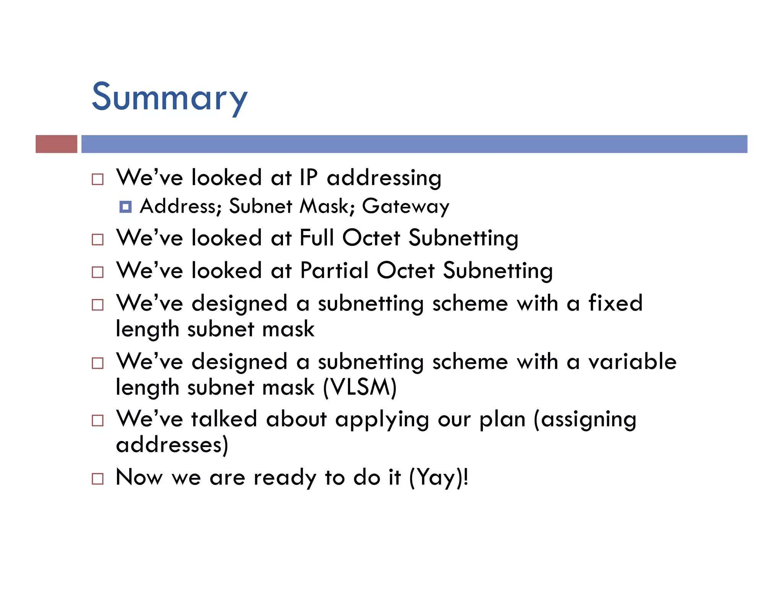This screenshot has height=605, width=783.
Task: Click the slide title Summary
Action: pyautogui.click(x=169, y=98)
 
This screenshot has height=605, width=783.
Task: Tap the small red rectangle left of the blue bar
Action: pyautogui.click(x=56, y=144)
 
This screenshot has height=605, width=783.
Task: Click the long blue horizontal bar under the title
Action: pyautogui.click(x=414, y=144)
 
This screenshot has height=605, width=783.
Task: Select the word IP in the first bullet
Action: pyautogui.click(x=308, y=177)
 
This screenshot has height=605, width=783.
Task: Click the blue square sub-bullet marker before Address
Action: pyautogui.click(x=125, y=207)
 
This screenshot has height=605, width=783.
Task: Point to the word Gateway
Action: pyautogui.click(x=405, y=207)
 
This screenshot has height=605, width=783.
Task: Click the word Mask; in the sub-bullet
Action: pyautogui.click(x=327, y=207)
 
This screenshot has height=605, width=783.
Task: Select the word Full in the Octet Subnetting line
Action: pyautogui.click(x=316, y=238)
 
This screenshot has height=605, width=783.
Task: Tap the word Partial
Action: pyautogui.click(x=334, y=270)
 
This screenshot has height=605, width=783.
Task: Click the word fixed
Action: pyautogui.click(x=615, y=303)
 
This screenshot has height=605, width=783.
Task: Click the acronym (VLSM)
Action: pyautogui.click(x=360, y=387)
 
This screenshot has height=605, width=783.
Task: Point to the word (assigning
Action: pyautogui.click(x=585, y=420)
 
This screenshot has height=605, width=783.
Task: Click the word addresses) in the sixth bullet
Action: pyautogui.click(x=172, y=445)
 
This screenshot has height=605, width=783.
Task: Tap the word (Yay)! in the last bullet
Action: pyautogui.click(x=439, y=478)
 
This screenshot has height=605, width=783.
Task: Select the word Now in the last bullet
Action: pyautogui.click(x=139, y=478)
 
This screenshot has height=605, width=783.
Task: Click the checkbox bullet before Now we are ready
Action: pyautogui.click(x=98, y=479)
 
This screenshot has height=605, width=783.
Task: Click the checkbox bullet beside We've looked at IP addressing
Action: pyautogui.click(x=98, y=179)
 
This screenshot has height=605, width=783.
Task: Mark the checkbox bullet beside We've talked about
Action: pyautogui.click(x=98, y=421)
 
